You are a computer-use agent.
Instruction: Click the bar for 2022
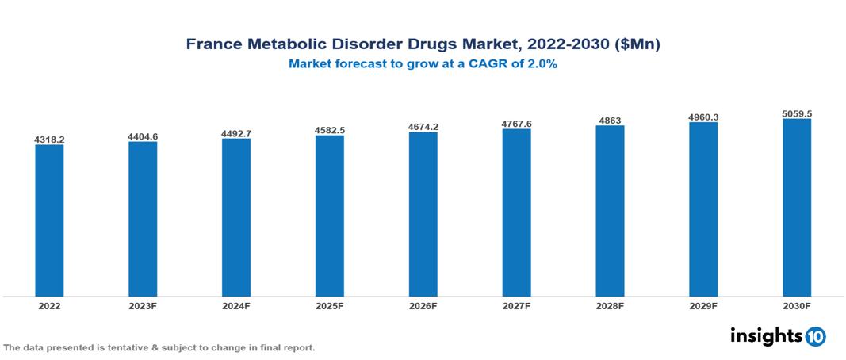click(49, 220)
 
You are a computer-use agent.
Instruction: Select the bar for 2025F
click(329, 216)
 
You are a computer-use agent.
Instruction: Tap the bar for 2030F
click(796, 208)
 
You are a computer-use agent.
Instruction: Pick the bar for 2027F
click(516, 213)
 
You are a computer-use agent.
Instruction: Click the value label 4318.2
click(49, 140)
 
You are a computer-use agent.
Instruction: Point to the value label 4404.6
click(143, 136)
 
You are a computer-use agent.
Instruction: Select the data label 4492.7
click(236, 133)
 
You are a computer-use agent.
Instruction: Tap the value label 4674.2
click(423, 127)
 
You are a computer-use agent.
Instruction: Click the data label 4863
click(610, 121)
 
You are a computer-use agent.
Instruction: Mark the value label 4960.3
click(703, 117)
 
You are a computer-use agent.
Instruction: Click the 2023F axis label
click(143, 305)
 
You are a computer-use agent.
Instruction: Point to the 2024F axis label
click(236, 305)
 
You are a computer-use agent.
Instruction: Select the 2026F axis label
click(423, 305)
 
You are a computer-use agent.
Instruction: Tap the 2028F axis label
click(610, 305)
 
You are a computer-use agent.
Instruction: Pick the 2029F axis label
click(703, 305)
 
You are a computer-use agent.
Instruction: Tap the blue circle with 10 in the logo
click(815, 336)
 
